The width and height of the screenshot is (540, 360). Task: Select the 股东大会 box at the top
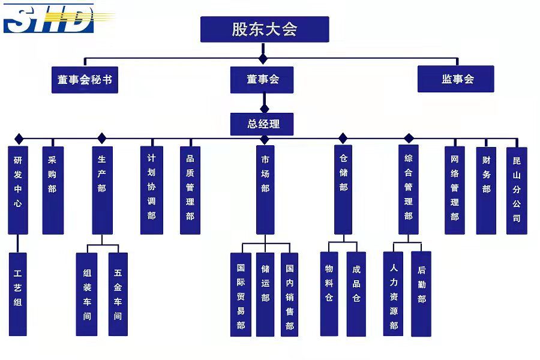[265, 29]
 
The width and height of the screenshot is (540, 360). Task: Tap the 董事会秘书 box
[85, 79]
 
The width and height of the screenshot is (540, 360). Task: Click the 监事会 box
[455, 79]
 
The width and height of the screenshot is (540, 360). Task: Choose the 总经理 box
[262, 124]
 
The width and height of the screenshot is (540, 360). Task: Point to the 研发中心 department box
[18, 190]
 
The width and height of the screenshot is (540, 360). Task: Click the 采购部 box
[52, 190]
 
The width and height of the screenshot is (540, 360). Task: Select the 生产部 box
[102, 190]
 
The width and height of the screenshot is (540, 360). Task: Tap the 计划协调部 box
[151, 190]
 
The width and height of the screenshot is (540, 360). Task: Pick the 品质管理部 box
[190, 190]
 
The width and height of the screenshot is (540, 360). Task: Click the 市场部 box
[265, 190]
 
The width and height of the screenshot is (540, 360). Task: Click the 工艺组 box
[18, 294]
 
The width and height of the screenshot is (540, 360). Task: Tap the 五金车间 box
[118, 294]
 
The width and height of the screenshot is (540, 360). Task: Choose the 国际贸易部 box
[241, 294]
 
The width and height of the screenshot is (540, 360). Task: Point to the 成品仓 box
[356, 294]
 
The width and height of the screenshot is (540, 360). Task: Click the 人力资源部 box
[394, 294]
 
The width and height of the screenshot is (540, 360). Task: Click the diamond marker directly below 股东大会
[263, 59]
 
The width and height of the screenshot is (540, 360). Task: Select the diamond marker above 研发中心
[19, 139]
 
